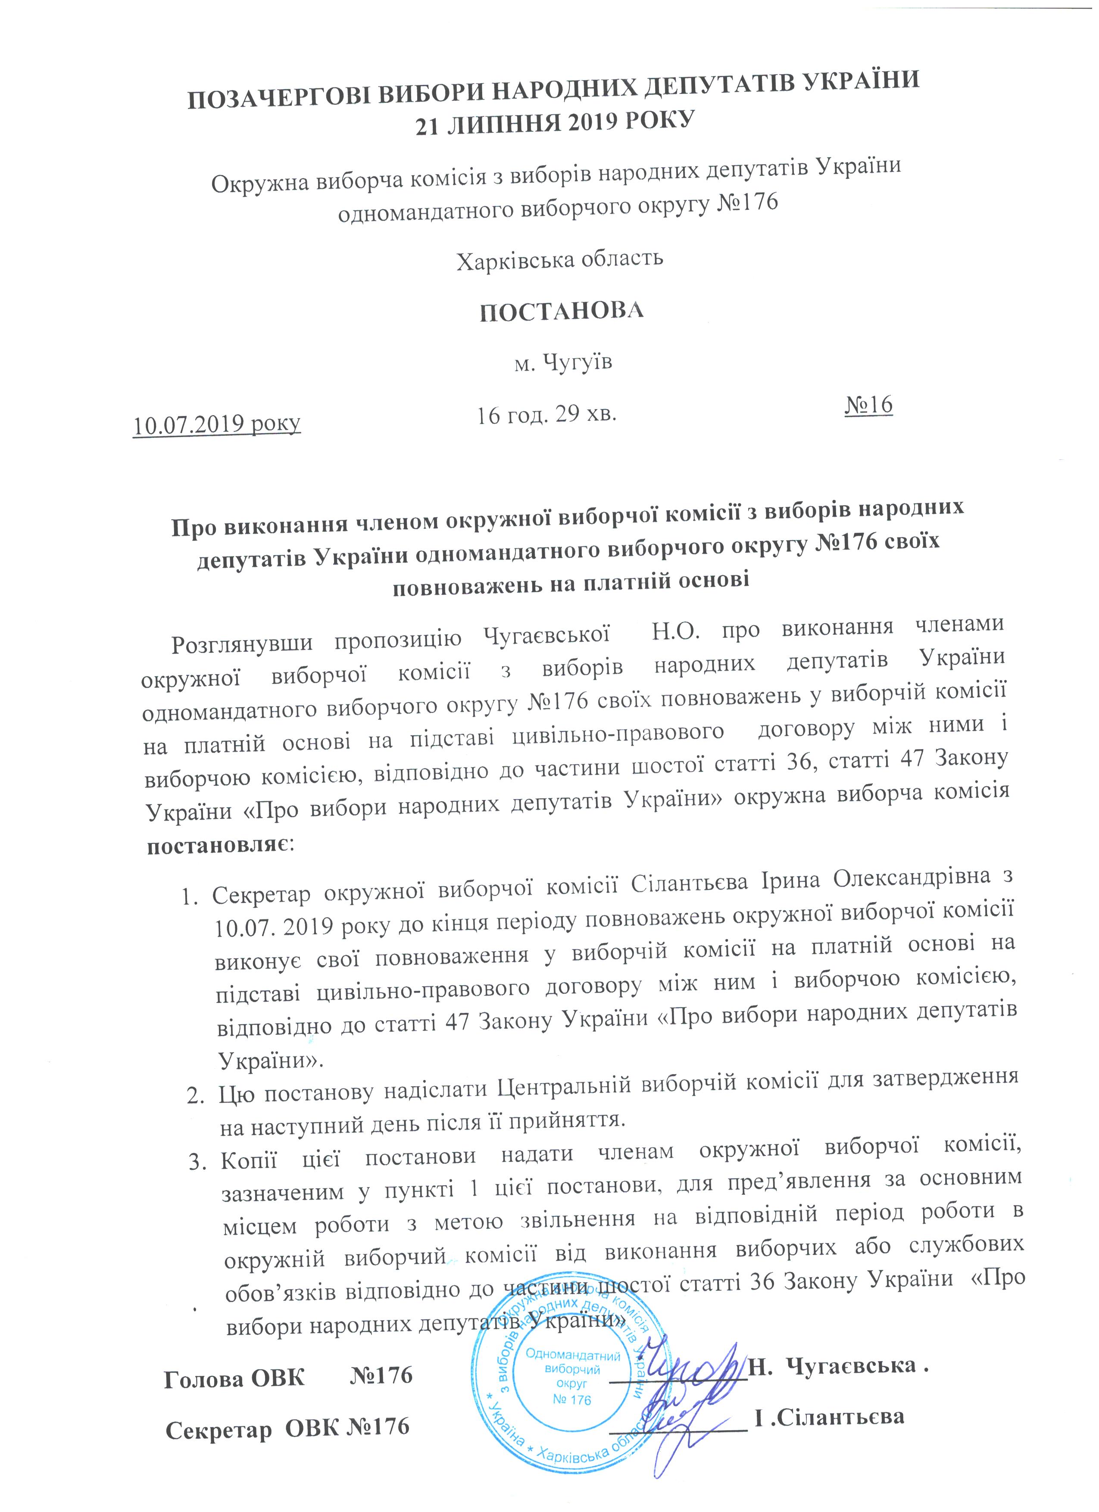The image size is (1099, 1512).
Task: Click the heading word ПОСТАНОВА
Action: (x=562, y=311)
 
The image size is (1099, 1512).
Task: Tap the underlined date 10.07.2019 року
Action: (x=217, y=423)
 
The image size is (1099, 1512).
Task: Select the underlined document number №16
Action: (x=868, y=405)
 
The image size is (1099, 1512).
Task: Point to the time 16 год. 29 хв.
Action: (x=546, y=415)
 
